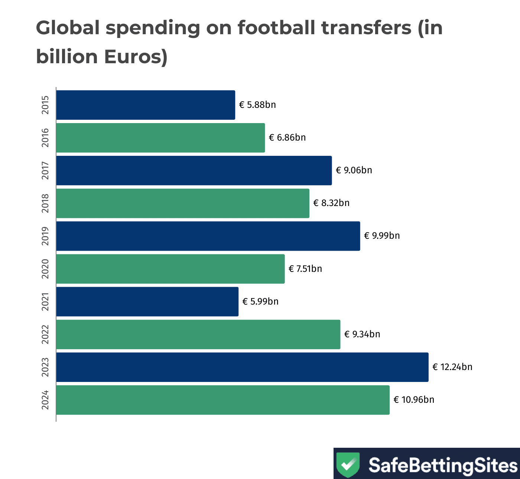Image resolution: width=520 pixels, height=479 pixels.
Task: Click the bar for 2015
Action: (x=146, y=105)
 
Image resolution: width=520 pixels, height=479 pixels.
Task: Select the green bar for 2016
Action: (x=160, y=138)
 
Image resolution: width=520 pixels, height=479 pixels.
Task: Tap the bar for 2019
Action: (x=208, y=236)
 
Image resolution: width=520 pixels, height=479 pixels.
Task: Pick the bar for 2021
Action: (x=147, y=302)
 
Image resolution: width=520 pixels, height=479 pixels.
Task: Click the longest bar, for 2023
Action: (x=242, y=367)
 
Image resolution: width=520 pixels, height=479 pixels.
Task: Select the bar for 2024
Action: (x=223, y=400)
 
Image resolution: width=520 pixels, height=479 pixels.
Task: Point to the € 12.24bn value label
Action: (x=452, y=367)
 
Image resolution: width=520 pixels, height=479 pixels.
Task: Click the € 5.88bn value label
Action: (x=257, y=105)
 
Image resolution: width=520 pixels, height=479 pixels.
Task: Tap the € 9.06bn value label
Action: (x=354, y=170)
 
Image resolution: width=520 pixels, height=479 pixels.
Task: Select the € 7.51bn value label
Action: (x=305, y=269)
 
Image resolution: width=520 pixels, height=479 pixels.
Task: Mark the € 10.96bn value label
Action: (x=414, y=400)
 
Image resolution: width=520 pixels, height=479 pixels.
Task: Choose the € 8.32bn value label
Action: (x=331, y=203)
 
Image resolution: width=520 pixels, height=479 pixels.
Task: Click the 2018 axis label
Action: (x=45, y=203)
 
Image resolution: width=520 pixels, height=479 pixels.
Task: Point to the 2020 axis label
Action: (x=45, y=269)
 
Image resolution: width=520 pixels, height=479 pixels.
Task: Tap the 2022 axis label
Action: (x=45, y=334)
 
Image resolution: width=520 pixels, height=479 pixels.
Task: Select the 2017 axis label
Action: (x=45, y=170)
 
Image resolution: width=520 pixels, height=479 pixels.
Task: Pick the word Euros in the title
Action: (x=132, y=57)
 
